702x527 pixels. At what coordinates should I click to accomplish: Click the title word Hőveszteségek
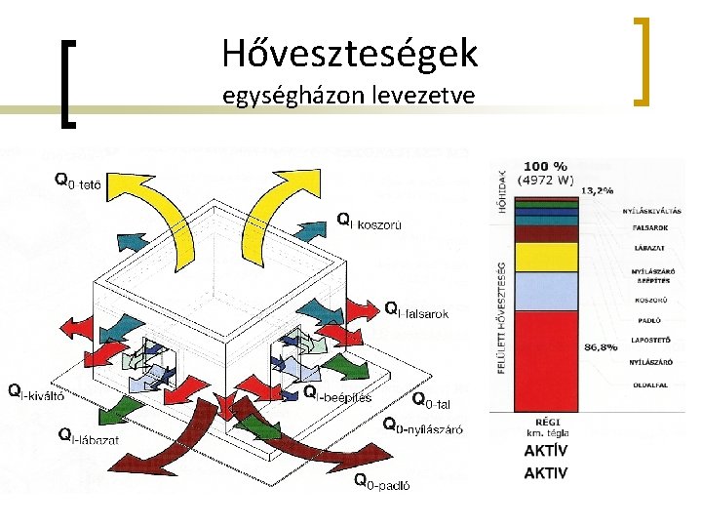349,53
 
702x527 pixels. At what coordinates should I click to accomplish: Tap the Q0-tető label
79,182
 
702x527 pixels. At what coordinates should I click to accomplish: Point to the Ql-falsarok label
416,311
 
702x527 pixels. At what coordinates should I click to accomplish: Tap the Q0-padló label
387,480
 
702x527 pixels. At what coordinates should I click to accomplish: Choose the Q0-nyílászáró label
422,426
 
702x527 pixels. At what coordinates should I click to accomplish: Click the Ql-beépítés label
337,394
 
